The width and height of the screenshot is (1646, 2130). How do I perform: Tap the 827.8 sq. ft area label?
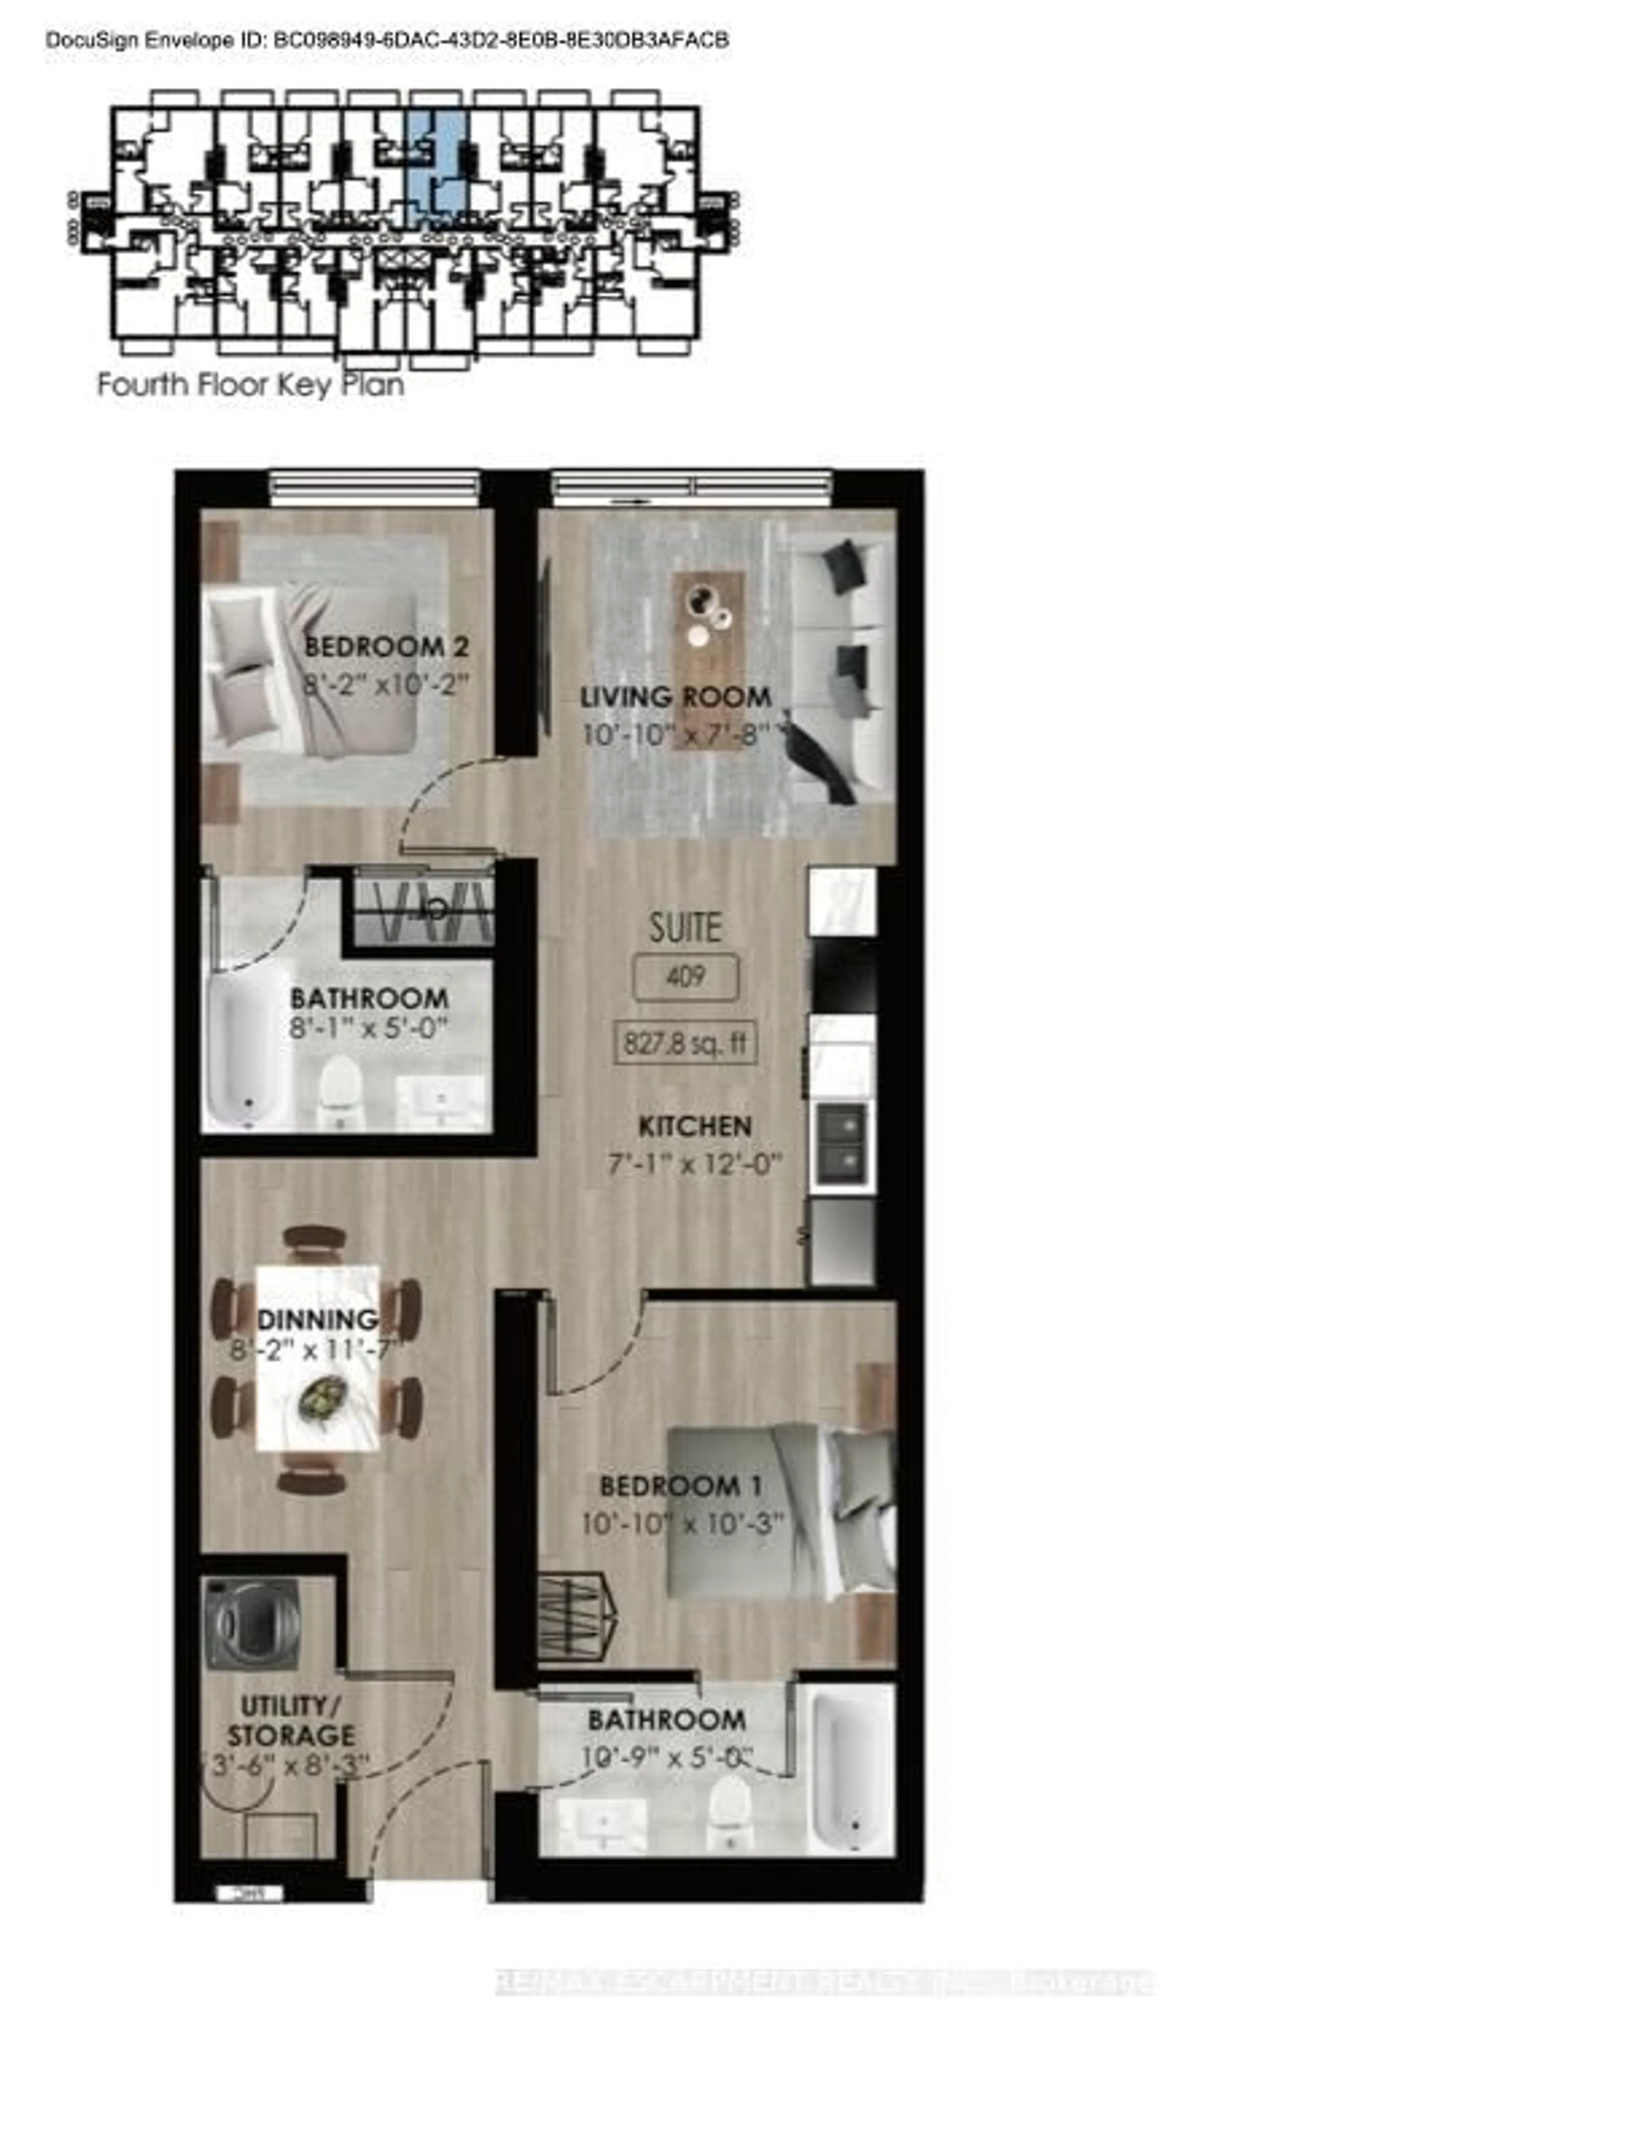coord(685,1043)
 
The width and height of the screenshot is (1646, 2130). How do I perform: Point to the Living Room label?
coord(676,697)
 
